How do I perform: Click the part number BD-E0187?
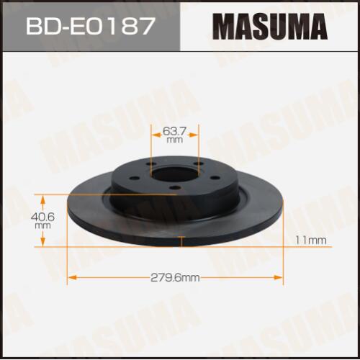click(89, 26)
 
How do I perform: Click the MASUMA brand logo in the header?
click(270, 27)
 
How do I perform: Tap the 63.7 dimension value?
click(174, 131)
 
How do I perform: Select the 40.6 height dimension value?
click(42, 217)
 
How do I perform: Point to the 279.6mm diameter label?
click(175, 278)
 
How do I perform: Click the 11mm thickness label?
click(311, 240)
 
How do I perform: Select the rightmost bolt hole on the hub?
click(215, 178)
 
